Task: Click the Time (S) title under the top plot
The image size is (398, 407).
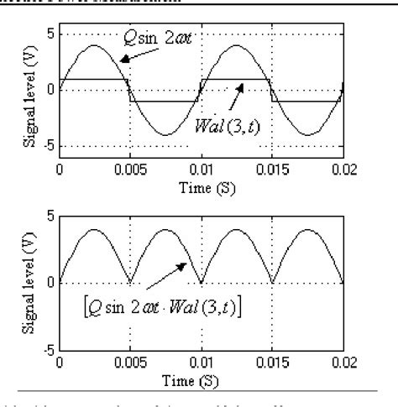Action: click(x=200, y=187)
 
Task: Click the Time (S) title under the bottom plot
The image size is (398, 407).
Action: click(x=200, y=378)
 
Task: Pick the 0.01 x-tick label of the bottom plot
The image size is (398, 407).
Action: click(x=201, y=363)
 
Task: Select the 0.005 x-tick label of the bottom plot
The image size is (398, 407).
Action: click(x=129, y=363)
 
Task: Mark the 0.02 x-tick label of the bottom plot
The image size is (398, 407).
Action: click(x=341, y=363)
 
